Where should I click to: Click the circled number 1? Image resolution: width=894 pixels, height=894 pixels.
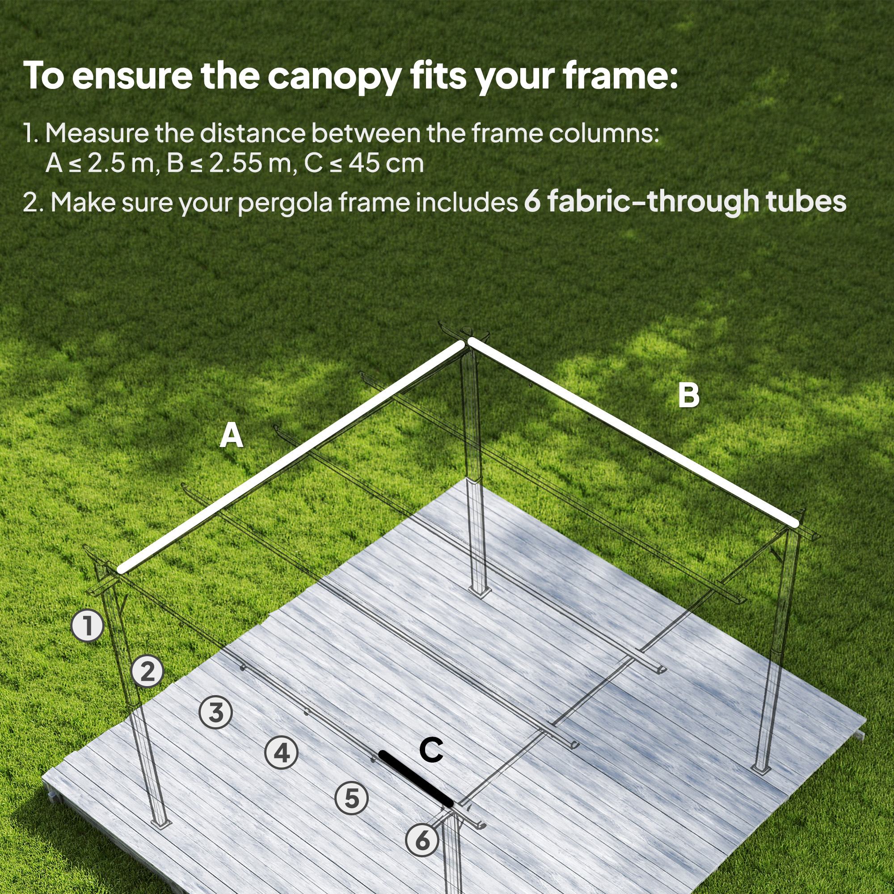click(88, 626)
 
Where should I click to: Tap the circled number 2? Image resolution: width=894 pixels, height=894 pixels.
click(147, 671)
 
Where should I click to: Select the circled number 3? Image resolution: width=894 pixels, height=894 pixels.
click(215, 712)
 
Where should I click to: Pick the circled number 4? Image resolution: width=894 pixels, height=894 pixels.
click(281, 753)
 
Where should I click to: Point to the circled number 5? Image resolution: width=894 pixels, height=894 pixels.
click(352, 798)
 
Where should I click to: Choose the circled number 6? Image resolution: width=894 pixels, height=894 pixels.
click(422, 840)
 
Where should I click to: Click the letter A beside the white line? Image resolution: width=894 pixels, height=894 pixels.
click(232, 435)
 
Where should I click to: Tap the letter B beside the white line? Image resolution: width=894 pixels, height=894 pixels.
click(688, 396)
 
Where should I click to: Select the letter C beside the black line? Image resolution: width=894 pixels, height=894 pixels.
click(431, 750)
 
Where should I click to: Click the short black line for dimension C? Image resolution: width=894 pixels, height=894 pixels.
click(416, 779)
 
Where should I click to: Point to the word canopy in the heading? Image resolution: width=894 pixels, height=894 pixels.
click(334, 77)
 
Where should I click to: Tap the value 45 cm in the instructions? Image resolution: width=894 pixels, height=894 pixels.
click(386, 163)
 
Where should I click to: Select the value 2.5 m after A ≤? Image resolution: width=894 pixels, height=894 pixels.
click(120, 163)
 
